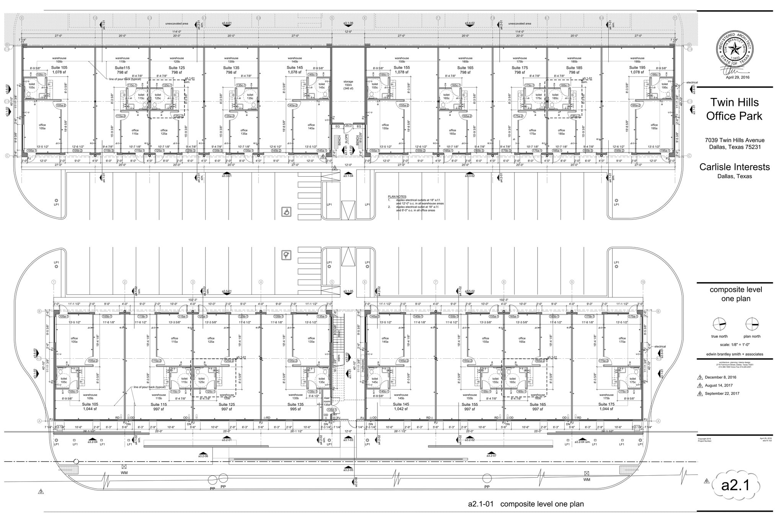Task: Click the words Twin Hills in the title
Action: (734, 102)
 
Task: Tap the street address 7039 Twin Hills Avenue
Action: (734, 140)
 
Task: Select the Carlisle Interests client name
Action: (734, 167)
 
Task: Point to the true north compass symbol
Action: (719, 324)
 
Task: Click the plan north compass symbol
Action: (752, 324)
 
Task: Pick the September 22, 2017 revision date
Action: (722, 394)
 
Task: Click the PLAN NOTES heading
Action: (397, 197)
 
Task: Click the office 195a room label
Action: (654, 127)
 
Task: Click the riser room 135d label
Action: (327, 401)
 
